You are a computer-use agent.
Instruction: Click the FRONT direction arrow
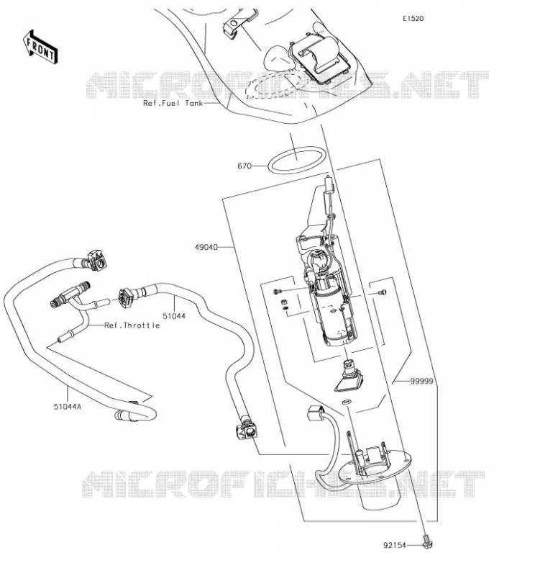tap(40, 48)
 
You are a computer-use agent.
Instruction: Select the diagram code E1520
tap(413, 19)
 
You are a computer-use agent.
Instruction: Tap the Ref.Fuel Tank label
tap(173, 103)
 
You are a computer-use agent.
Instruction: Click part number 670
tap(244, 166)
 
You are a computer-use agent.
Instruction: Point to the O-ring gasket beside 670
tap(297, 160)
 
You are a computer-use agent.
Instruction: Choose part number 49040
tap(206, 247)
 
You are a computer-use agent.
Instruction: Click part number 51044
tap(174, 316)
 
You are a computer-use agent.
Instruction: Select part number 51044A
tap(68, 407)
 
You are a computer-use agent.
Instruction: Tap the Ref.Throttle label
tap(132, 325)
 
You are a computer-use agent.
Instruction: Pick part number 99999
tap(421, 382)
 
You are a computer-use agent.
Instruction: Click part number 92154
tap(395, 546)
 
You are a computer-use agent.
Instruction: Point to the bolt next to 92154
tap(427, 542)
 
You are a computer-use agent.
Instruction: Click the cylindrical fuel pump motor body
tap(333, 312)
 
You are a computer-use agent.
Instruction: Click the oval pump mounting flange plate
tap(374, 467)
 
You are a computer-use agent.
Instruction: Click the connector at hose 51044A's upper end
tap(97, 260)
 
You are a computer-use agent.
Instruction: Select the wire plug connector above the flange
tap(314, 413)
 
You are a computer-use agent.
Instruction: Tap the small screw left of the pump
tap(277, 292)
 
